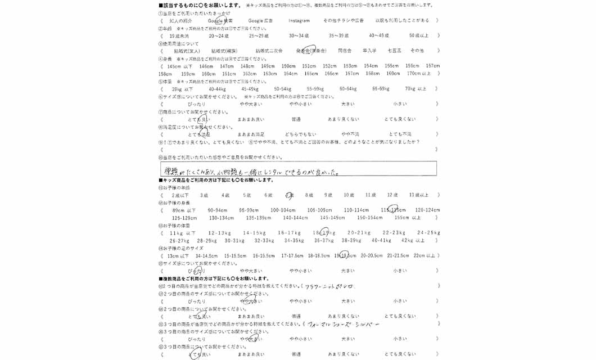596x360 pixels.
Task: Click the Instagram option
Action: pos(299,21)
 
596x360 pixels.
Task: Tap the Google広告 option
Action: pos(260,21)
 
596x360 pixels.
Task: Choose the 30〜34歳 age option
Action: pos(299,35)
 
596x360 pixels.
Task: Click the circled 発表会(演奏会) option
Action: pos(311,51)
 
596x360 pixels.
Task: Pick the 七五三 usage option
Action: pos(394,51)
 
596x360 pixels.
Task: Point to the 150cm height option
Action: pos(288,66)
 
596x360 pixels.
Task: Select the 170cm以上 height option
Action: pos(419,74)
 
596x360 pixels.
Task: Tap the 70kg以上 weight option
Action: pos(416,89)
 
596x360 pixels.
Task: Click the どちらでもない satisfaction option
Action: pos(300,134)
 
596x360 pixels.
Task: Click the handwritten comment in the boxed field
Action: pos(250,169)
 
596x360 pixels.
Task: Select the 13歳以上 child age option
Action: pos(419,195)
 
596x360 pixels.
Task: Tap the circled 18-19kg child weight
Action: pos(324,233)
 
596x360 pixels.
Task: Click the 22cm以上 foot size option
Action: pos(425,255)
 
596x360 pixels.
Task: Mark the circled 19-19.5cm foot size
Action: pos(345,255)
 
